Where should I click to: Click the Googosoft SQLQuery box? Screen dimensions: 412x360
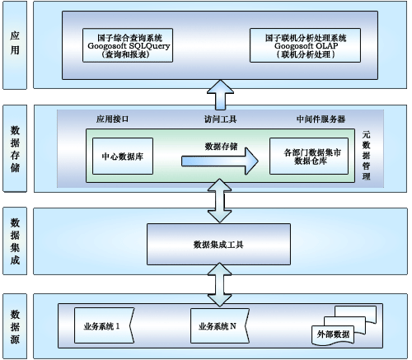tap(128, 45)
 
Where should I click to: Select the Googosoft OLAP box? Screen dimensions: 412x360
tap(305, 45)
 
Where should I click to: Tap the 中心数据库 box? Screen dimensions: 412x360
tap(123, 157)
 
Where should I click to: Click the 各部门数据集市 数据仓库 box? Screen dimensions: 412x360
tap(309, 157)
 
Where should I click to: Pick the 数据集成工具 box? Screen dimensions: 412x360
tap(218, 244)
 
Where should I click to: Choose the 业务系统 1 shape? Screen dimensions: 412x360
tap(104, 325)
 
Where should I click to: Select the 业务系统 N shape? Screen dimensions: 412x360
tap(220, 325)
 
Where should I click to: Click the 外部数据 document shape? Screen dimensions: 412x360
tap(333, 335)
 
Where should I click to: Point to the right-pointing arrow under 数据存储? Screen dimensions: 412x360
tap(220, 161)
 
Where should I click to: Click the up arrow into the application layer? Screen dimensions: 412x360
tap(221, 95)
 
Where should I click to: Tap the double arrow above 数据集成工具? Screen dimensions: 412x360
tap(220, 201)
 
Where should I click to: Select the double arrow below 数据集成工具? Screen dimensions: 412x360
tap(220, 284)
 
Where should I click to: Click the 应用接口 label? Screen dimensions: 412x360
tap(112, 119)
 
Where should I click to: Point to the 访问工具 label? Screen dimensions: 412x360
tap(220, 119)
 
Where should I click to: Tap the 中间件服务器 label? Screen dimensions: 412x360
tap(321, 119)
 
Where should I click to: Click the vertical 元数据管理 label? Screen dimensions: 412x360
tap(366, 155)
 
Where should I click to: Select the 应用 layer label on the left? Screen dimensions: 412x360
tap(15, 43)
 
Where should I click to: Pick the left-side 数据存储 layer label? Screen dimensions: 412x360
tap(15, 148)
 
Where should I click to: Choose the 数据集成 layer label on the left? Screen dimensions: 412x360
tap(15, 241)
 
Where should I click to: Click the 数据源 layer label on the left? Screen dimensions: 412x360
tap(15, 327)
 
